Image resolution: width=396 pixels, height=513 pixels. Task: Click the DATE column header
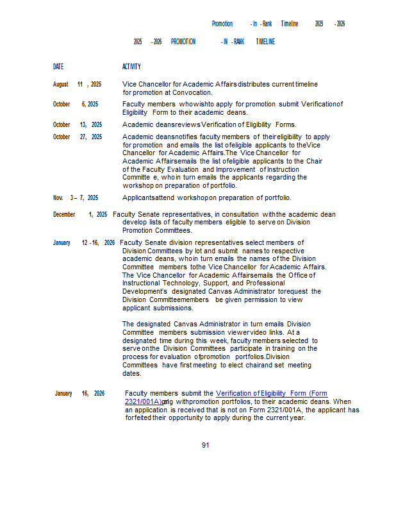tap(58, 67)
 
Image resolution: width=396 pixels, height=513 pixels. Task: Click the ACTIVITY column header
tap(131, 67)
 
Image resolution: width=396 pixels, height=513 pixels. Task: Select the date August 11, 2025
tap(77, 84)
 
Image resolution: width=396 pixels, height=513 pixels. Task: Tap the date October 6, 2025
tap(76, 104)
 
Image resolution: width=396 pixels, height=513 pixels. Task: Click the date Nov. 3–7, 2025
tap(76, 198)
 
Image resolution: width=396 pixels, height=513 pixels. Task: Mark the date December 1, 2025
tap(80, 214)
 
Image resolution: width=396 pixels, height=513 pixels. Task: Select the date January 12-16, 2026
tap(84, 242)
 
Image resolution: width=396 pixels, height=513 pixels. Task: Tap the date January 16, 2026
tap(79, 393)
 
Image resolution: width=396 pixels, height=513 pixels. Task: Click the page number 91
tap(205, 445)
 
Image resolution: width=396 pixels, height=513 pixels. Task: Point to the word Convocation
tap(190, 92)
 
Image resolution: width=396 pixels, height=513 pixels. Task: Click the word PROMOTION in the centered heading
tap(183, 42)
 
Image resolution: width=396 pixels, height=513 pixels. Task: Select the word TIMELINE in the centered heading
tap(265, 42)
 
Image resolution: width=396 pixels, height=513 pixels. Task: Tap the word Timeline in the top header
tap(290, 24)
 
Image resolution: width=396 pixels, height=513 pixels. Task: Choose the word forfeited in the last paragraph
tap(138, 417)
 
